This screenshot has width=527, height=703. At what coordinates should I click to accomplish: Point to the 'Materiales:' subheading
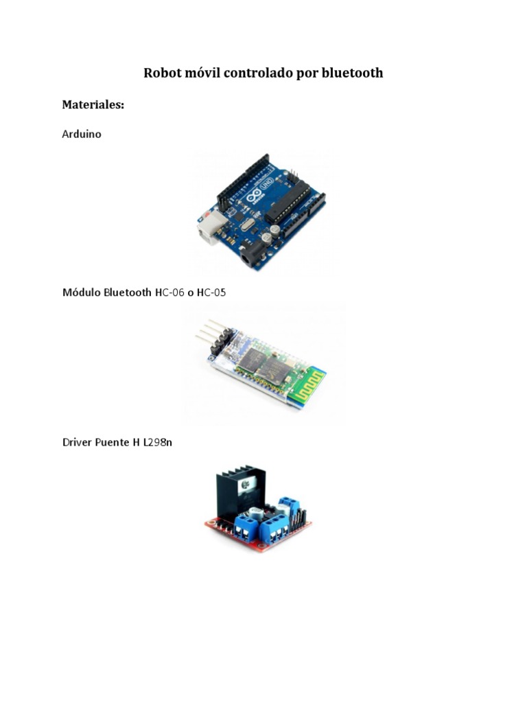click(x=93, y=105)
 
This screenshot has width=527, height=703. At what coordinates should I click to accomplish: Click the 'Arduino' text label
click(x=82, y=135)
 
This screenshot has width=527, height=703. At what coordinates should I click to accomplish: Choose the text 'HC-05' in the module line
click(x=211, y=292)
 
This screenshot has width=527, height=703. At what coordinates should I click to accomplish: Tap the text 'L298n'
click(x=158, y=442)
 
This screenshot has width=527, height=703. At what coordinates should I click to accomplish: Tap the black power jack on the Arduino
click(x=250, y=257)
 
